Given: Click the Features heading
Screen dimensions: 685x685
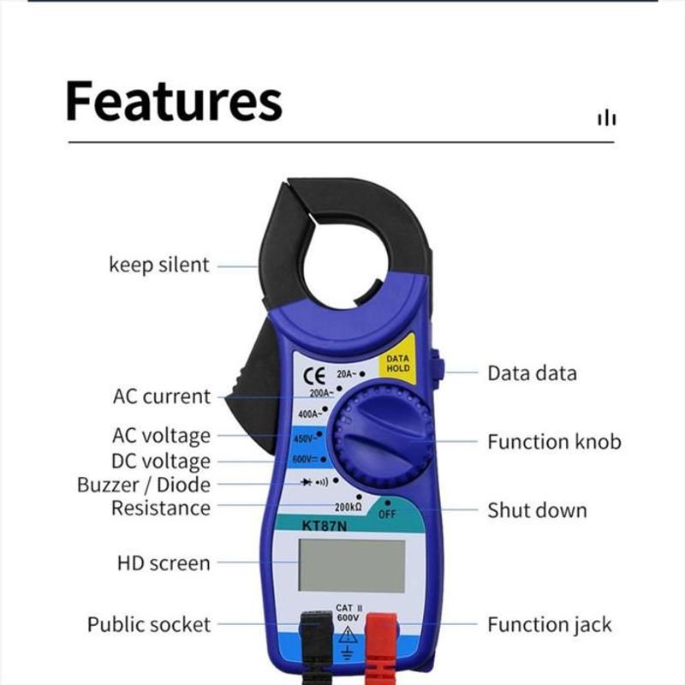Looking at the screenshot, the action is pos(174,101).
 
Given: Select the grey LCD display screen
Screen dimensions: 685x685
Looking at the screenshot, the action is pos(352,565).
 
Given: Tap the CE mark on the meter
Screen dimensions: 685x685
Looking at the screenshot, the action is pos(313,376).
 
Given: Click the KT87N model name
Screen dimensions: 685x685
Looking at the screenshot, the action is pos(325,526).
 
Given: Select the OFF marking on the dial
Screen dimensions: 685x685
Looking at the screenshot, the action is pos(387,515).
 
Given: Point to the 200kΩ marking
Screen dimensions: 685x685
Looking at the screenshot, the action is pos(348,507).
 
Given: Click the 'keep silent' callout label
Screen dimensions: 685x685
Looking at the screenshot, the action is pos(159,265).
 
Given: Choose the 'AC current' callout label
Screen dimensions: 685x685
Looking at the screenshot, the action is pos(162,396).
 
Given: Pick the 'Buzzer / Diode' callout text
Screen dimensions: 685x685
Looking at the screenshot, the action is pos(144,485).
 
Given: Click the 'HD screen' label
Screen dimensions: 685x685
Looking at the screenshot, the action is pos(164,563).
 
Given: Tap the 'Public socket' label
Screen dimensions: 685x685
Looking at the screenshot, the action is pos(149,624).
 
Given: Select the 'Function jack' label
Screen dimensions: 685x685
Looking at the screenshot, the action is pos(550,624).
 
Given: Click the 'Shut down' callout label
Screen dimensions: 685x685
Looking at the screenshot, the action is pos(538,510).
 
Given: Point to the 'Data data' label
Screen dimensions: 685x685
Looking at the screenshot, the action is pos(532,373).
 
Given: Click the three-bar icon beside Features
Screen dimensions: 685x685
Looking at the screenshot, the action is pos(607,117).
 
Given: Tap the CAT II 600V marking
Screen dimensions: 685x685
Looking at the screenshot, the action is pos(348,612).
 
